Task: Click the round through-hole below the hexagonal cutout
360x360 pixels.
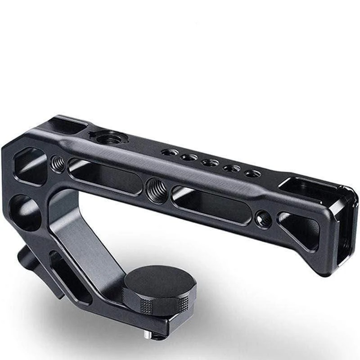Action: coord(24,211)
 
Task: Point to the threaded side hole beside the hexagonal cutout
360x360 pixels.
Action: coord(58,163)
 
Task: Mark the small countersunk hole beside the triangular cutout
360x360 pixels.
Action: coord(263,219)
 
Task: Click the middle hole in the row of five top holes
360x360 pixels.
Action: coord(210,163)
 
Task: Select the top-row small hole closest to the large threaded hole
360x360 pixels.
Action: coord(169,152)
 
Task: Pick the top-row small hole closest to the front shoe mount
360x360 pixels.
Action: coord(252,173)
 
